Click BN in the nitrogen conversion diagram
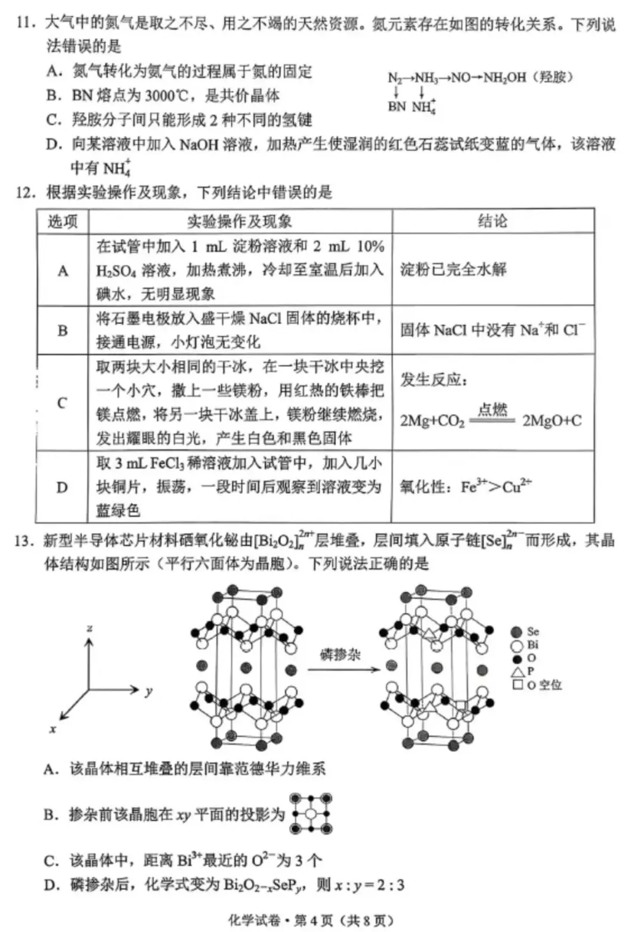coord(396,106)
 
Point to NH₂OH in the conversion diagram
coord(504,78)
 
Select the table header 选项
coord(63,221)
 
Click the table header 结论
coord(493,221)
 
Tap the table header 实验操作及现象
coord(240,221)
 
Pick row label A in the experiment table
coord(63,271)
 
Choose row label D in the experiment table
coord(62,487)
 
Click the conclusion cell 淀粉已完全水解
coord(453,269)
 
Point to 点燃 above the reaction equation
coord(493,409)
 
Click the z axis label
coord(89,628)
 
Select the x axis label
coord(53,729)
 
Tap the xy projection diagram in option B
coord(311,813)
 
